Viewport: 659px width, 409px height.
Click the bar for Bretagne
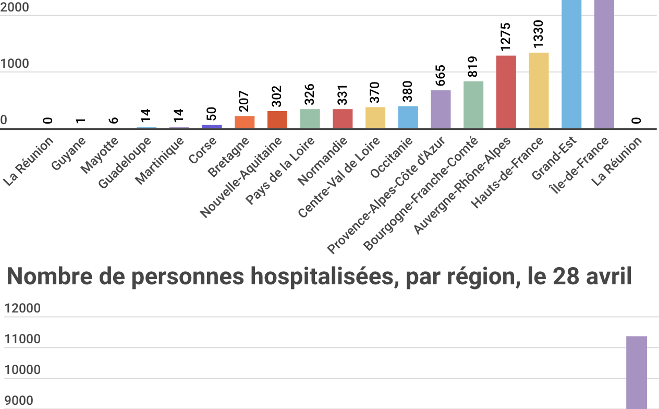[245, 122]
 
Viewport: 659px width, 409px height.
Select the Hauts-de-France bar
[539, 90]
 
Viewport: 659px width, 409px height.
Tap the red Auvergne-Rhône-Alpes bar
[506, 92]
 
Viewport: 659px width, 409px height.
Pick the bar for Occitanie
[408, 117]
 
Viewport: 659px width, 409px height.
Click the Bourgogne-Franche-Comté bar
[473, 105]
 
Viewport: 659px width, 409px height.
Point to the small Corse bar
[212, 126]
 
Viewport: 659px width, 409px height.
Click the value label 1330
[538, 34]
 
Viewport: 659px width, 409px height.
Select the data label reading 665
[441, 76]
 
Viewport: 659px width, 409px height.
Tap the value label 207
[245, 102]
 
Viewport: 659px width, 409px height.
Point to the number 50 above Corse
[212, 114]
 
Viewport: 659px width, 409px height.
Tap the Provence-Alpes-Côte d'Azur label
[386, 195]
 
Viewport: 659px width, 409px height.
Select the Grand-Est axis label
[554, 158]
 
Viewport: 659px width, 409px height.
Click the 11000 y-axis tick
[22, 340]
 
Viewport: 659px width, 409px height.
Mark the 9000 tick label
[19, 401]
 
